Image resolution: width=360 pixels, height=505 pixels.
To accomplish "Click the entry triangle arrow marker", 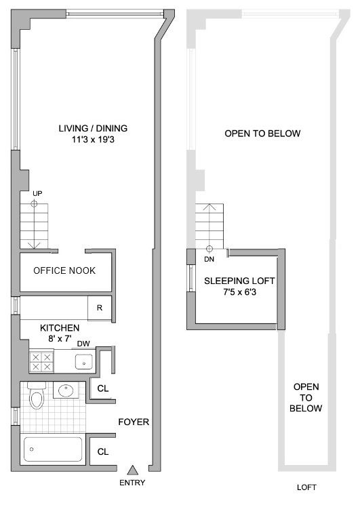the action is (132, 470).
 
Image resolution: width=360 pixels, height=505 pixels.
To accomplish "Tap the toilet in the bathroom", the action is (37, 395).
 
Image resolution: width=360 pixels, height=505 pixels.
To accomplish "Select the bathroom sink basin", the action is (66, 390).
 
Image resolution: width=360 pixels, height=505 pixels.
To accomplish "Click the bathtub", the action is (53, 449).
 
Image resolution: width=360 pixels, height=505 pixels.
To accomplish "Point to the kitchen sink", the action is (84, 361).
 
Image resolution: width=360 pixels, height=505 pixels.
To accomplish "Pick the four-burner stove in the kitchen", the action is (41, 361).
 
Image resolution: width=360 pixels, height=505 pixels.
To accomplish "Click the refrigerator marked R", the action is (100, 308).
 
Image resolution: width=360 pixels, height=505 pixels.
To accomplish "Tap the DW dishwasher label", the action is (83, 344).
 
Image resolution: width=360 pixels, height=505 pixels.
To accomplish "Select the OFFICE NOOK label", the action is (64, 270).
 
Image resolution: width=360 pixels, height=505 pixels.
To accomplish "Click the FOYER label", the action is (134, 422).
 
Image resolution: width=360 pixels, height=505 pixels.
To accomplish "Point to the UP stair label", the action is (37, 194).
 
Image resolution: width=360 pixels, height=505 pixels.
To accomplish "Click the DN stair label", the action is (209, 259).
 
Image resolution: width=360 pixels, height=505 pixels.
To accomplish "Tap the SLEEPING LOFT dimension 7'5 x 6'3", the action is (240, 292).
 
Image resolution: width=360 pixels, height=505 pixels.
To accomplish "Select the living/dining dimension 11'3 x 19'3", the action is (93, 140).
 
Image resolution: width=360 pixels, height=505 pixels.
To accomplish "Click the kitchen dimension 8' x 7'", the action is (60, 338).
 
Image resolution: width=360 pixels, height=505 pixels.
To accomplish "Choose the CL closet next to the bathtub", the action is (103, 452).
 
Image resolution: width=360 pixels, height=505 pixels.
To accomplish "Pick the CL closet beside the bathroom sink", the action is (103, 388).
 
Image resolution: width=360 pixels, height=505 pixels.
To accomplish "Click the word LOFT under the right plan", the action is (306, 487).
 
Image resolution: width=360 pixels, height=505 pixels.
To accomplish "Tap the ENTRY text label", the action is (132, 483).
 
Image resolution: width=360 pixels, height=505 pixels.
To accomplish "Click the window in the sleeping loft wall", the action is (191, 279).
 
